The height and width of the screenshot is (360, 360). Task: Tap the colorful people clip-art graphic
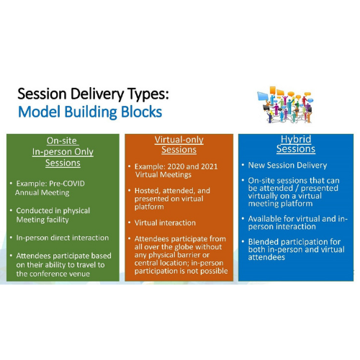[x=285, y=104]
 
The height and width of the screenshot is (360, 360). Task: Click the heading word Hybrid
[x=296, y=139]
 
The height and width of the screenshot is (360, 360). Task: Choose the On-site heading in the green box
[x=62, y=140]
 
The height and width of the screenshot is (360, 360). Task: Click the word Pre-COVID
[x=67, y=184]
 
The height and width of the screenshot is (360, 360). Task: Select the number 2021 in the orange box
[x=209, y=166]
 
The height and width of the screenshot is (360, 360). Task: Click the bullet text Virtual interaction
[x=165, y=222]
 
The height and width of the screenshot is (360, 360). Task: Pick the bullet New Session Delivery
[x=287, y=165]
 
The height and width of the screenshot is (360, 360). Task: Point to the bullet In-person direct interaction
[x=63, y=238]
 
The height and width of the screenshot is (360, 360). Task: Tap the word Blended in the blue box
[x=262, y=241]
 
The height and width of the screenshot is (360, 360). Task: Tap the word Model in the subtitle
[x=39, y=112]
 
